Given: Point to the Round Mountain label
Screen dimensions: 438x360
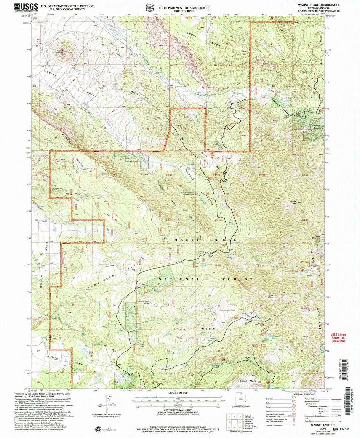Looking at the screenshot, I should click(60, 51).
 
